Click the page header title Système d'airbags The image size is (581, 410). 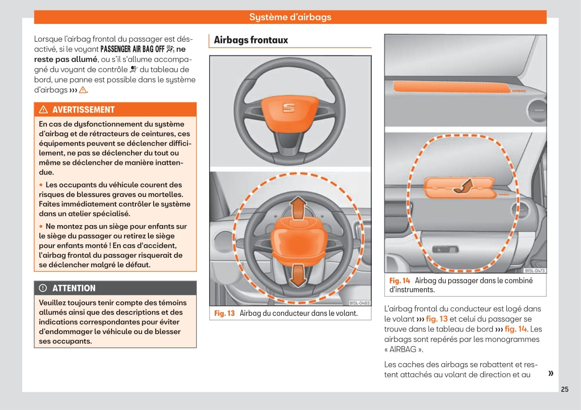coord(290,17)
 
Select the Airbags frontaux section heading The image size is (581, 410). coord(251,40)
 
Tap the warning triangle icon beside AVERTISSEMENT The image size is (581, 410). coord(43,110)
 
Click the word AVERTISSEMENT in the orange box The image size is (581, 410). coord(83,110)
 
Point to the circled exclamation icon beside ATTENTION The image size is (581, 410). coord(43,288)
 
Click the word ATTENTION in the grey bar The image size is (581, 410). coord(74,288)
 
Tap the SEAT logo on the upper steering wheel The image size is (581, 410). coord(289,108)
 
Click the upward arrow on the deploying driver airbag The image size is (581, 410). coord(298,208)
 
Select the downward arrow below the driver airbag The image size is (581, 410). coord(298,276)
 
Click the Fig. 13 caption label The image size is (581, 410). coord(224,313)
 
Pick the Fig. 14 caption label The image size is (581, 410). coord(399,281)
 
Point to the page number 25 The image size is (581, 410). coord(565,389)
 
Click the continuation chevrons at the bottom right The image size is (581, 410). coord(551,373)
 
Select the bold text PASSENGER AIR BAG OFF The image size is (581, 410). coord(132,49)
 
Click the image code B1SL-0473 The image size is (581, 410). coord(535,270)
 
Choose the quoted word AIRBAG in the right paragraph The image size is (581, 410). coord(403,349)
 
